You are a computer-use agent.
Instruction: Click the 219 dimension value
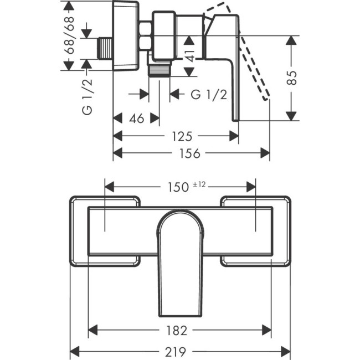click(x=179, y=351)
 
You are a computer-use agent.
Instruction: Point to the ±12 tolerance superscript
click(x=199, y=184)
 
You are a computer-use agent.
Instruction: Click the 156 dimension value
click(x=191, y=153)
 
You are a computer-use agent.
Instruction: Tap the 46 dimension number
click(x=136, y=119)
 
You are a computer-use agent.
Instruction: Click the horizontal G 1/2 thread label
click(x=209, y=95)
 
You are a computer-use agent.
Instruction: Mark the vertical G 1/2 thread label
click(x=88, y=96)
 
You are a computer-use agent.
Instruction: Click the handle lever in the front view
click(x=179, y=260)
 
